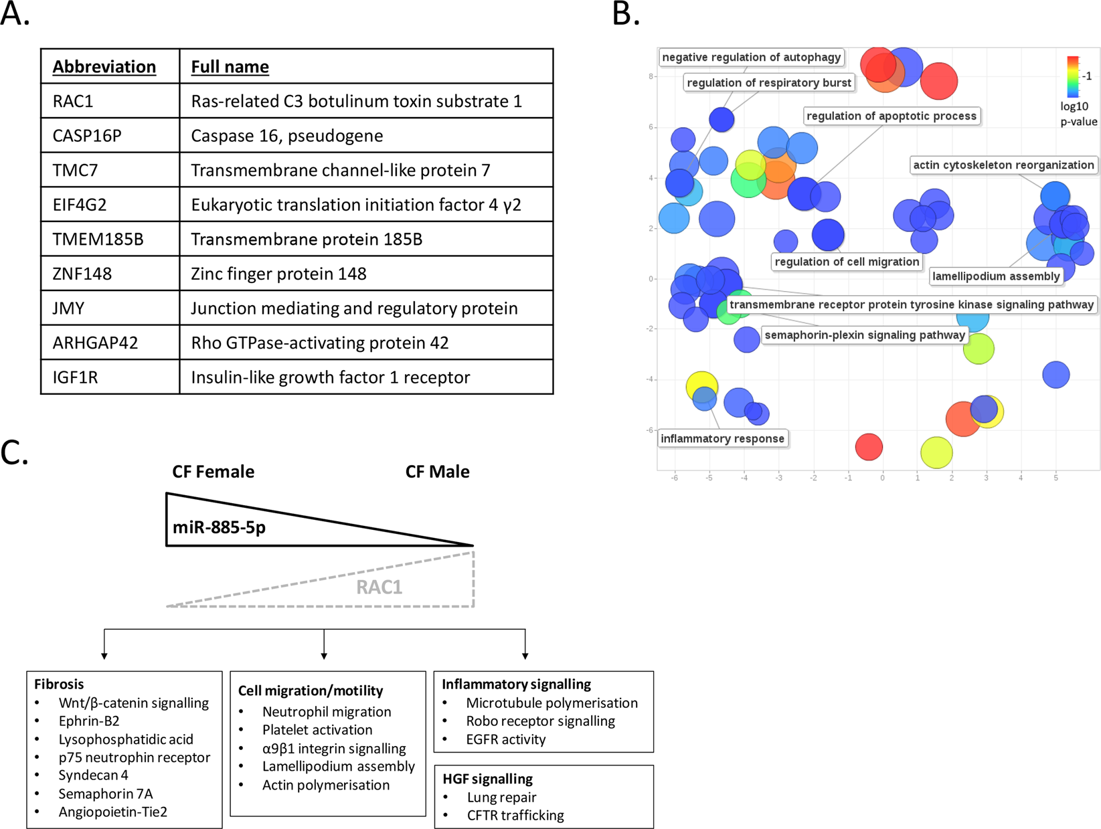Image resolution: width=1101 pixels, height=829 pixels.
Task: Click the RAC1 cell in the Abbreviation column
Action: [74, 102]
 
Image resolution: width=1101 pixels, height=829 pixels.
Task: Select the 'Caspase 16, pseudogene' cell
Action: [287, 136]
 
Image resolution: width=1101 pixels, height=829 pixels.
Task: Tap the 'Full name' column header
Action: [230, 67]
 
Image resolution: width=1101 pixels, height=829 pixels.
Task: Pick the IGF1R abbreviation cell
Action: [76, 377]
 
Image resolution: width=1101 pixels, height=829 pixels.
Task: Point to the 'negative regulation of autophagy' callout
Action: [751, 58]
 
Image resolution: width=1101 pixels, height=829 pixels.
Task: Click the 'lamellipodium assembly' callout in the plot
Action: [996, 276]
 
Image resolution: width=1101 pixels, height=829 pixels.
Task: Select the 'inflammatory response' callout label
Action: [722, 439]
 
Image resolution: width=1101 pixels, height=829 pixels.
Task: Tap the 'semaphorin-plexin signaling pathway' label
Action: [865, 335]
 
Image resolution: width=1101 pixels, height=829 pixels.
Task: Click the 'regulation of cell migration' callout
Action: [847, 262]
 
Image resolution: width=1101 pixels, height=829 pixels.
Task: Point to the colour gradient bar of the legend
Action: [1072, 77]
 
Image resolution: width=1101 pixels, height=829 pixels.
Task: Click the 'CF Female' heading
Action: [213, 472]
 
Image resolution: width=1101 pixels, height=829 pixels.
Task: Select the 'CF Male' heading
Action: [437, 472]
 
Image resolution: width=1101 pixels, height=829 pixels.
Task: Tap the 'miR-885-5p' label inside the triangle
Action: [219, 527]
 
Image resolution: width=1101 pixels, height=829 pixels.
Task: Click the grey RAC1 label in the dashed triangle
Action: [379, 587]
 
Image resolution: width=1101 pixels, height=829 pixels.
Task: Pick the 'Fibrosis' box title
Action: [59, 684]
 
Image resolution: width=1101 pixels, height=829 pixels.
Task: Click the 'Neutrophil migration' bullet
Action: [327, 712]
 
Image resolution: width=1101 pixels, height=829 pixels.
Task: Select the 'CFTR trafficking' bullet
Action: [515, 816]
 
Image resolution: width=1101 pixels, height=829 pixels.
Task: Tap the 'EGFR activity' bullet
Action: [505, 739]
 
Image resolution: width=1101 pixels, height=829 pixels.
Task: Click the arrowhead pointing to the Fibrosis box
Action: [104, 656]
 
